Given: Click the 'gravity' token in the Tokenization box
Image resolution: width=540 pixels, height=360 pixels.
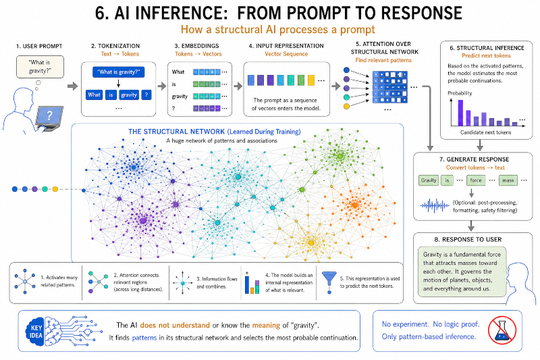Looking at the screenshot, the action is [x=129, y=95].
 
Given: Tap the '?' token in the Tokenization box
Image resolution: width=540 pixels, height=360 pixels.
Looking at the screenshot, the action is [x=146, y=95].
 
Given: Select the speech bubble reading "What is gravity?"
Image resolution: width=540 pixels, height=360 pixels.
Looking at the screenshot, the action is [x=40, y=67].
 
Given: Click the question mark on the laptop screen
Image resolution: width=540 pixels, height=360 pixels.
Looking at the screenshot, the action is [x=49, y=115].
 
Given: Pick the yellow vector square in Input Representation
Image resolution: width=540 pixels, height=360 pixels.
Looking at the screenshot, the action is [x=311, y=80].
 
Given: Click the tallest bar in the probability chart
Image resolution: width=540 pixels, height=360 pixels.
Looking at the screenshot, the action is [x=460, y=113].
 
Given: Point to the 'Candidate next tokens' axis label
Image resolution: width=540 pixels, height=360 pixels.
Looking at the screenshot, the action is [x=485, y=132].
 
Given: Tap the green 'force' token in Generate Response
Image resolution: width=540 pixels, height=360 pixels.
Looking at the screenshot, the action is [x=476, y=180].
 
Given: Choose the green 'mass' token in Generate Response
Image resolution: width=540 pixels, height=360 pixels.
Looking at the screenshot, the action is [x=508, y=180].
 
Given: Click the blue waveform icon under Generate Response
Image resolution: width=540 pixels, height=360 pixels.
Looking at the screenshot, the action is [x=435, y=206].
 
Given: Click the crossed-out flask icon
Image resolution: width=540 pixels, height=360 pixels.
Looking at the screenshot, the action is [x=502, y=330].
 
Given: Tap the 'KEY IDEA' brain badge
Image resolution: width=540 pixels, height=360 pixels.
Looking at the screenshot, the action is [x=36, y=332].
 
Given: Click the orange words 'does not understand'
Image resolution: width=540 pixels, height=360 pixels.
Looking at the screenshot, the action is [x=175, y=325].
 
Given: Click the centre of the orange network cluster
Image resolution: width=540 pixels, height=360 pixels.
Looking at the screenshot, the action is [x=355, y=205].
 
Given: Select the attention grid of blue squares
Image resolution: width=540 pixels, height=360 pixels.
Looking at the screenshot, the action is [x=390, y=87].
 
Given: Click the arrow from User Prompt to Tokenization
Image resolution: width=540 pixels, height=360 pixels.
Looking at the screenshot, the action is [x=73, y=86].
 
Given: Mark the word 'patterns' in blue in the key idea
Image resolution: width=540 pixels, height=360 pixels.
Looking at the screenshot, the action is [x=144, y=338].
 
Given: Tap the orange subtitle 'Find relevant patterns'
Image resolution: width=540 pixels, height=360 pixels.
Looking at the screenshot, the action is [x=383, y=60].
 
